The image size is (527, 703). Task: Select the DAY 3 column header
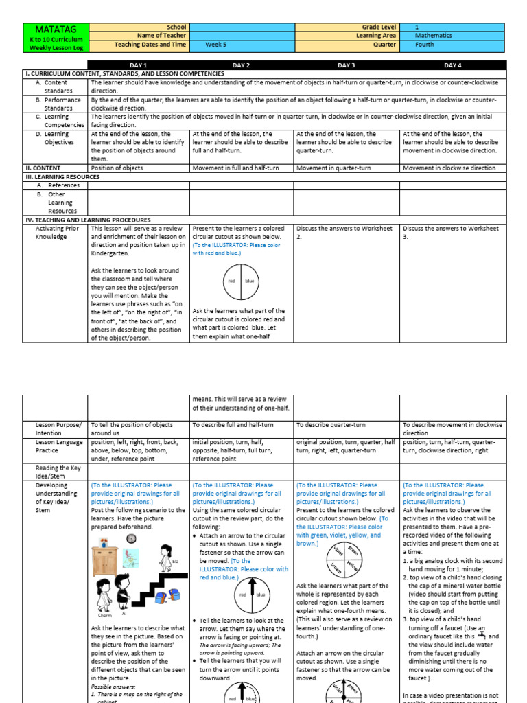click(346, 65)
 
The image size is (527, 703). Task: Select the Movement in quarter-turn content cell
click(346, 168)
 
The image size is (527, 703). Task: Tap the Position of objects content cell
click(137, 168)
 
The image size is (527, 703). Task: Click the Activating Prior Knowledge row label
click(51, 232)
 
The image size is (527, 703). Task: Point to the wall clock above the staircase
click(132, 539)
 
